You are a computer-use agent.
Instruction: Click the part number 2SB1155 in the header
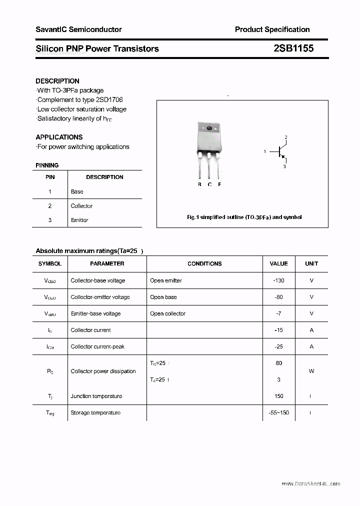click(x=293, y=48)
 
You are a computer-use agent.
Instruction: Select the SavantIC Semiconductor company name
click(x=78, y=29)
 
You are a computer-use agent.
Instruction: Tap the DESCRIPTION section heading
click(x=57, y=81)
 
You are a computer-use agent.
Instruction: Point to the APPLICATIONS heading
click(x=59, y=137)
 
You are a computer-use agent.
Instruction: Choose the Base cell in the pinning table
click(x=77, y=191)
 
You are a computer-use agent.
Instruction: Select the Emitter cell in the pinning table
click(x=79, y=220)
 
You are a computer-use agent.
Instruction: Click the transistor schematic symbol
click(x=279, y=151)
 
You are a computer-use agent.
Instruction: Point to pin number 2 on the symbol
click(x=285, y=137)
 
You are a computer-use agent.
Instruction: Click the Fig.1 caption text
click(x=244, y=217)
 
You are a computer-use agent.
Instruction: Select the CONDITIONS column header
click(x=204, y=263)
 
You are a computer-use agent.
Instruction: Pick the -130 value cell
click(x=278, y=280)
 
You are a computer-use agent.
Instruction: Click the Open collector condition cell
click(x=167, y=313)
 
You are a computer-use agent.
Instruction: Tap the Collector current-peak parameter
click(x=97, y=346)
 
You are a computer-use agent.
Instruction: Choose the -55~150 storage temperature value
click(x=278, y=412)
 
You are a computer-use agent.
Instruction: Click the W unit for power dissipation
click(x=311, y=371)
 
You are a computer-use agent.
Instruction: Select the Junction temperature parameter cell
click(x=96, y=396)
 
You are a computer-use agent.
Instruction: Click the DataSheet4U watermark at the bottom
click(x=310, y=483)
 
